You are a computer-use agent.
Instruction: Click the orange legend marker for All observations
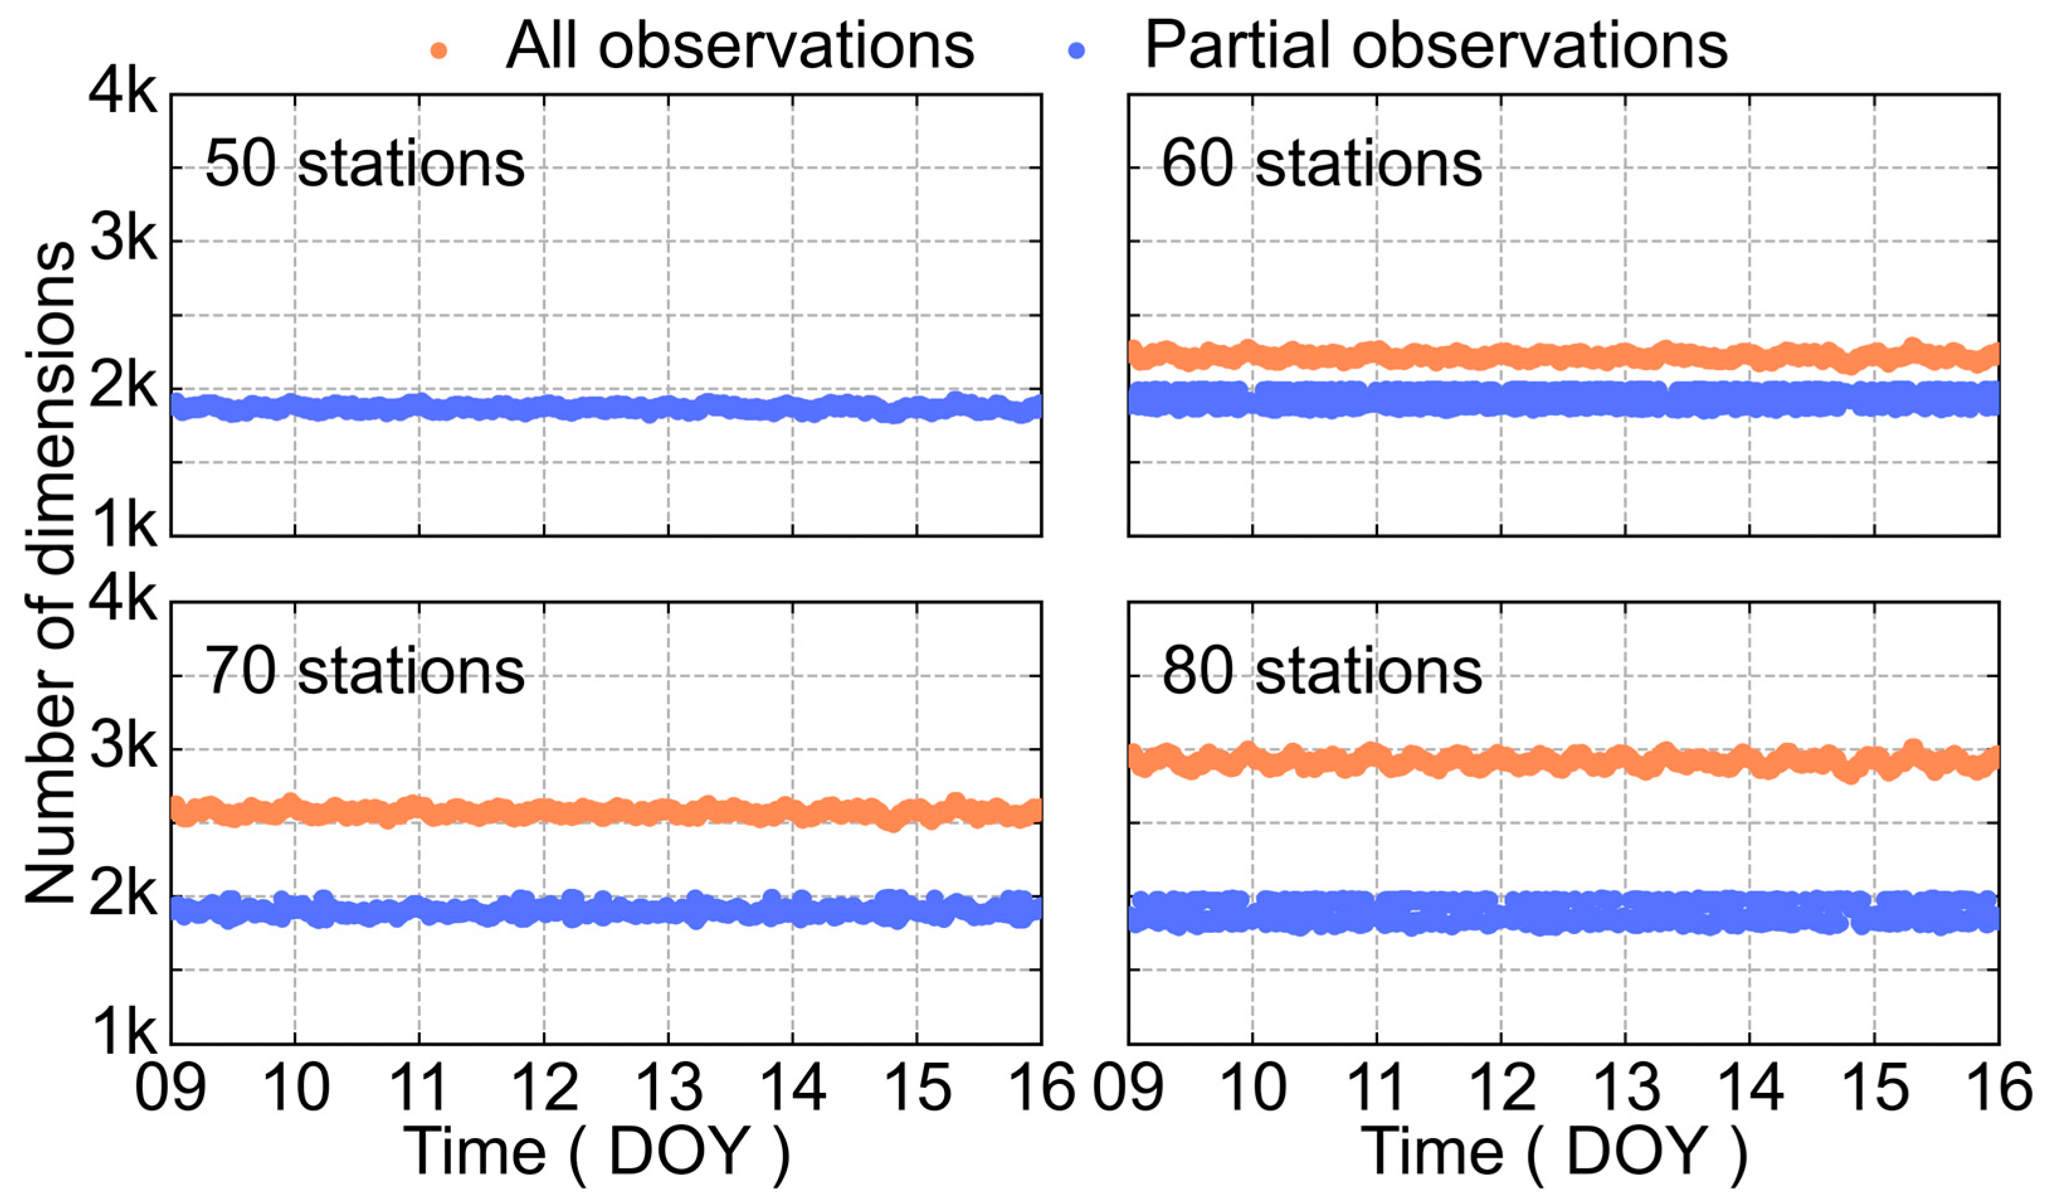pos(438,50)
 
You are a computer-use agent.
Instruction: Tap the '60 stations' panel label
pos(1321,165)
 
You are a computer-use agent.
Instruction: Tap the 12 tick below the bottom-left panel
pos(544,1088)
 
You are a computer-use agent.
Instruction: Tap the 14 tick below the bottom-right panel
pos(1750,1088)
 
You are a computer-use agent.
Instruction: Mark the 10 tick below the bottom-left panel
pos(296,1088)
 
